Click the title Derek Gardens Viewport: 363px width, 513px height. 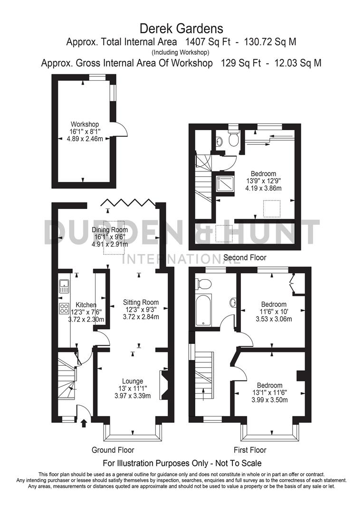coord(181,29)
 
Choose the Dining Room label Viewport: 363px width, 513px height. coord(110,230)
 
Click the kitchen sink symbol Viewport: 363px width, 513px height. coord(64,286)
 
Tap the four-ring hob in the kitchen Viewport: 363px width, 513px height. coord(64,308)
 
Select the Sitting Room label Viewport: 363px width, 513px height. coord(141,302)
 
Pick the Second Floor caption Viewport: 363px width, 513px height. coord(245,257)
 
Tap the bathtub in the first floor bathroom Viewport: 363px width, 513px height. coord(204,309)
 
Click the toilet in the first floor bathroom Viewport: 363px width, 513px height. coord(205,283)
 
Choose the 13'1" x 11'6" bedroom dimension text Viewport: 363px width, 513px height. coord(269,392)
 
